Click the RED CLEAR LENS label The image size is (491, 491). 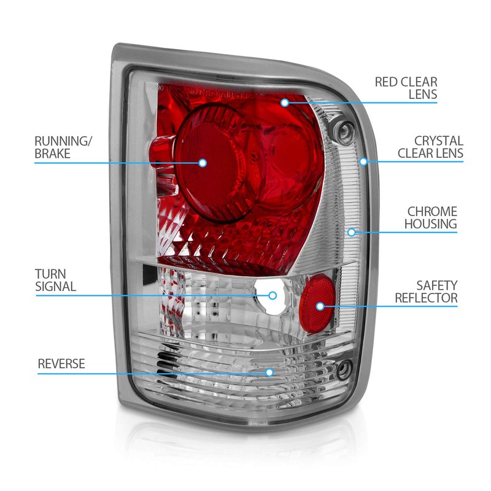pos(406,88)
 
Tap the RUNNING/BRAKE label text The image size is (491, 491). pos(63,147)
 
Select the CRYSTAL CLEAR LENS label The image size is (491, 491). pos(430,147)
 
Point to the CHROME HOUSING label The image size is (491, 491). pos(431,218)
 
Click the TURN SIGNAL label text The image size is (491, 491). pos(55,280)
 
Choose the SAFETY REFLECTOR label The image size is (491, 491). pos(426,292)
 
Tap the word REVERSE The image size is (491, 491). pos(61,363)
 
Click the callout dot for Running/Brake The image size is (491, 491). pos(203,163)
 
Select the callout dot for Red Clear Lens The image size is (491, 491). pos(285,102)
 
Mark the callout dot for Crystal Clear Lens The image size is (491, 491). pos(363,161)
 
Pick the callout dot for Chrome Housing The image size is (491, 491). pos(352,232)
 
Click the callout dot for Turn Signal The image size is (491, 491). pos(273,295)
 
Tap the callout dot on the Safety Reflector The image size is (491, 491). pos(320,306)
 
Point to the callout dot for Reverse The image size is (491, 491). pos(269,373)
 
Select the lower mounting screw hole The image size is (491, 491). pos(344,370)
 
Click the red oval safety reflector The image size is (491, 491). pos(317,303)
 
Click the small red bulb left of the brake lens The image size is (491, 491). pos(161,152)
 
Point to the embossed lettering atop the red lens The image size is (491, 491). pos(204,91)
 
